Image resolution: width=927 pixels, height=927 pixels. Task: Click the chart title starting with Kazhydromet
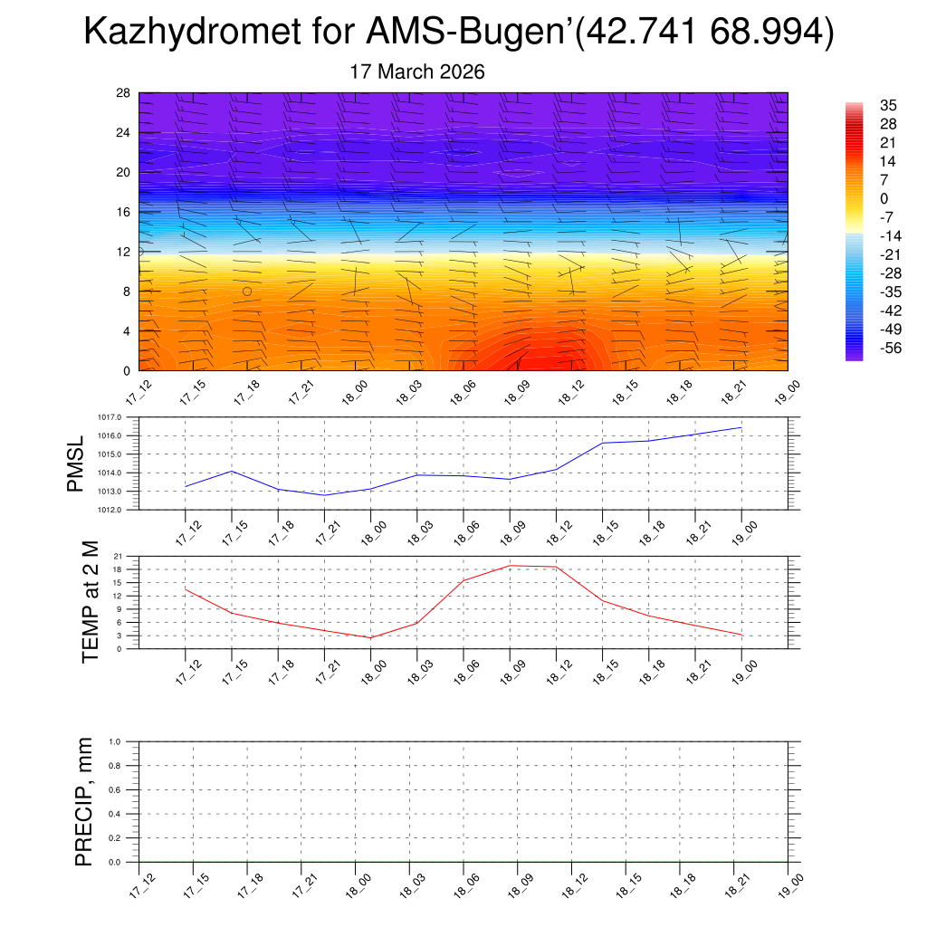(x=458, y=33)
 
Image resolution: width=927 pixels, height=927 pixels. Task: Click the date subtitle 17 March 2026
(x=417, y=72)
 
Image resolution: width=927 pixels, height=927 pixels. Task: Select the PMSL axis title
(x=79, y=463)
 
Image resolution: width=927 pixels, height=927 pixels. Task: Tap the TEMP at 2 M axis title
(x=90, y=602)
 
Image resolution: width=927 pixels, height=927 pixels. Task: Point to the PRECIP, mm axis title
(x=84, y=802)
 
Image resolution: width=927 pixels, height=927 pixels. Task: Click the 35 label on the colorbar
(x=888, y=105)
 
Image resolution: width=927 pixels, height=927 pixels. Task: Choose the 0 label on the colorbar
(x=884, y=198)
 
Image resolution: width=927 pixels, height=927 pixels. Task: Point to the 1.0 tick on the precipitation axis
(x=115, y=741)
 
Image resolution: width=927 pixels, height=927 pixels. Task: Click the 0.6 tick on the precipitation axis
(x=115, y=790)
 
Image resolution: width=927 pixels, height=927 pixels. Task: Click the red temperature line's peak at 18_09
(x=510, y=566)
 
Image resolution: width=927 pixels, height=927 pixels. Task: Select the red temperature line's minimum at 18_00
(x=370, y=638)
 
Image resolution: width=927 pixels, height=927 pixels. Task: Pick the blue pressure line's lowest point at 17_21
(x=324, y=495)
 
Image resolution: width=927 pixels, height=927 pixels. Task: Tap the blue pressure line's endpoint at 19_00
(x=741, y=427)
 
